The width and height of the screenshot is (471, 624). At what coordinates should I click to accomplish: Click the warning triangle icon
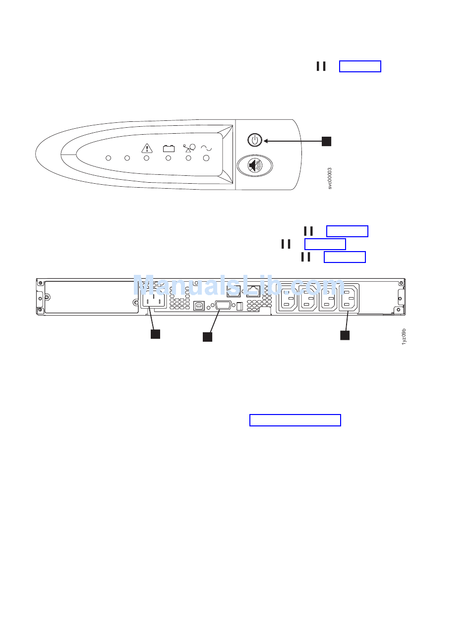[x=147, y=148]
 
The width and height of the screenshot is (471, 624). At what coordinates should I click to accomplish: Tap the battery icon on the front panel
[x=169, y=148]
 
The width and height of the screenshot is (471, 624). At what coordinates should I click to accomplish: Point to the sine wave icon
[x=206, y=148]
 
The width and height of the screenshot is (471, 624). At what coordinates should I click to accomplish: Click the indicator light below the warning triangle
[x=146, y=158]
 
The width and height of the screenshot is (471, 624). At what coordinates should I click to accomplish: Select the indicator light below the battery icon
[x=168, y=158]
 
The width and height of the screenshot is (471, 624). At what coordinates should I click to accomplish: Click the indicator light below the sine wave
[x=206, y=158]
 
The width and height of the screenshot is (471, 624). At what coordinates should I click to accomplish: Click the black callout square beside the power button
[x=326, y=141]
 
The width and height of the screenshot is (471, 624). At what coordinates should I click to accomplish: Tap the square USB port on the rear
[x=199, y=306]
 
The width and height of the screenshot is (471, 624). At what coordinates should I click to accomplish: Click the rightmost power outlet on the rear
[x=348, y=300]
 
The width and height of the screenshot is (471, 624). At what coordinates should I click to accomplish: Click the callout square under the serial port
[x=207, y=337]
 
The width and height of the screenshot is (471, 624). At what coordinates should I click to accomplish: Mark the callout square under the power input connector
[x=155, y=334]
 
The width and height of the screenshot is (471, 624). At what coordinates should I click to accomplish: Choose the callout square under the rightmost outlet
[x=345, y=335]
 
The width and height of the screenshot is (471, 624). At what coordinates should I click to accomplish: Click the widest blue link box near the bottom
[x=295, y=420]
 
